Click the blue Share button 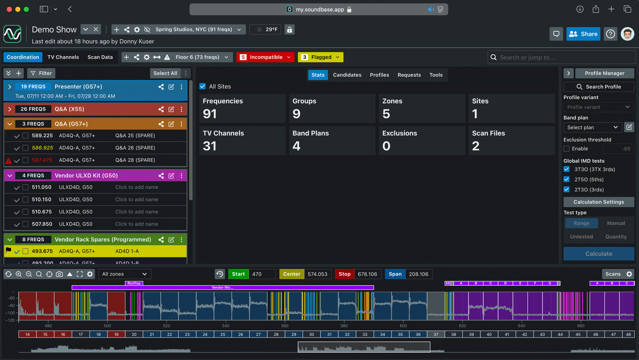583,34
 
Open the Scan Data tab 100,57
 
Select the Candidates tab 347,75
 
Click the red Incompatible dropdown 265,57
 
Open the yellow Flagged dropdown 320,57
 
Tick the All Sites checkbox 202,87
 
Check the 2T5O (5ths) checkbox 566,179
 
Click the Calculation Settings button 598,202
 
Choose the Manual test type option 616,223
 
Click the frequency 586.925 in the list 42,148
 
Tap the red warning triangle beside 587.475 9,161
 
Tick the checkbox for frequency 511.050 25,187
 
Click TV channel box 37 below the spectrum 436,334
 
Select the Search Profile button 598,87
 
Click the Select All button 165,73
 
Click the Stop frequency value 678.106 367,274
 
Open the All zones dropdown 124,274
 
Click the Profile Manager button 604,73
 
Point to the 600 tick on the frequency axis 403,326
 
